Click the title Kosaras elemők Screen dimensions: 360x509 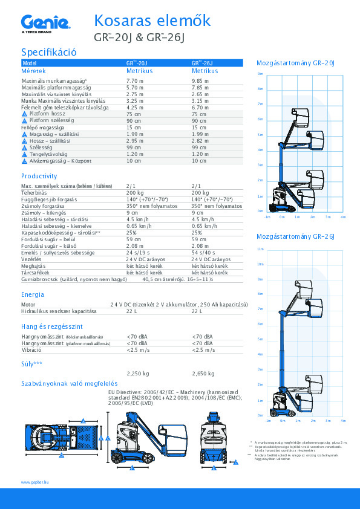152,21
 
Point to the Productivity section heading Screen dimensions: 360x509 39,176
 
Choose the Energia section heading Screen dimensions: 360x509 33,294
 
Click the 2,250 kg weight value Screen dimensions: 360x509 137,374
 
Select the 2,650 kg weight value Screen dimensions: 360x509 203,374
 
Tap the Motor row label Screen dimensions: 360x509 28,305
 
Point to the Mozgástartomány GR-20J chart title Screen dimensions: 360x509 296,63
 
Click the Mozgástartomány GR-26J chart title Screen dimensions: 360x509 296,237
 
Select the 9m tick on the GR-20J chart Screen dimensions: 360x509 260,74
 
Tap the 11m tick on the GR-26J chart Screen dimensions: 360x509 260,249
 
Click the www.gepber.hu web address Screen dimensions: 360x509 34,482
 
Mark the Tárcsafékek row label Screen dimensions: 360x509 35,273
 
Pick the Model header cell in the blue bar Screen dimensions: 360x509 30,63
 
